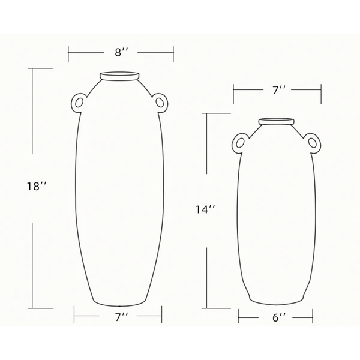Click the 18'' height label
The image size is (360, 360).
click(x=37, y=187)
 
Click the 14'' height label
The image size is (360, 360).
click(x=205, y=209)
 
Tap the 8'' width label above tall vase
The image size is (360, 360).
click(x=122, y=53)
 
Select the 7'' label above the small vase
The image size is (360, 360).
click(x=278, y=91)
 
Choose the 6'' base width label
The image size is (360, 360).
click(x=278, y=318)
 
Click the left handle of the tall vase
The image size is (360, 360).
click(x=78, y=103)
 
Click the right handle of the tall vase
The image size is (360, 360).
click(x=160, y=103)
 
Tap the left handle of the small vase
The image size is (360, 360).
click(x=238, y=143)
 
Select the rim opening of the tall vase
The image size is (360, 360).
click(x=120, y=76)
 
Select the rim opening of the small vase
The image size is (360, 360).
click(x=277, y=122)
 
